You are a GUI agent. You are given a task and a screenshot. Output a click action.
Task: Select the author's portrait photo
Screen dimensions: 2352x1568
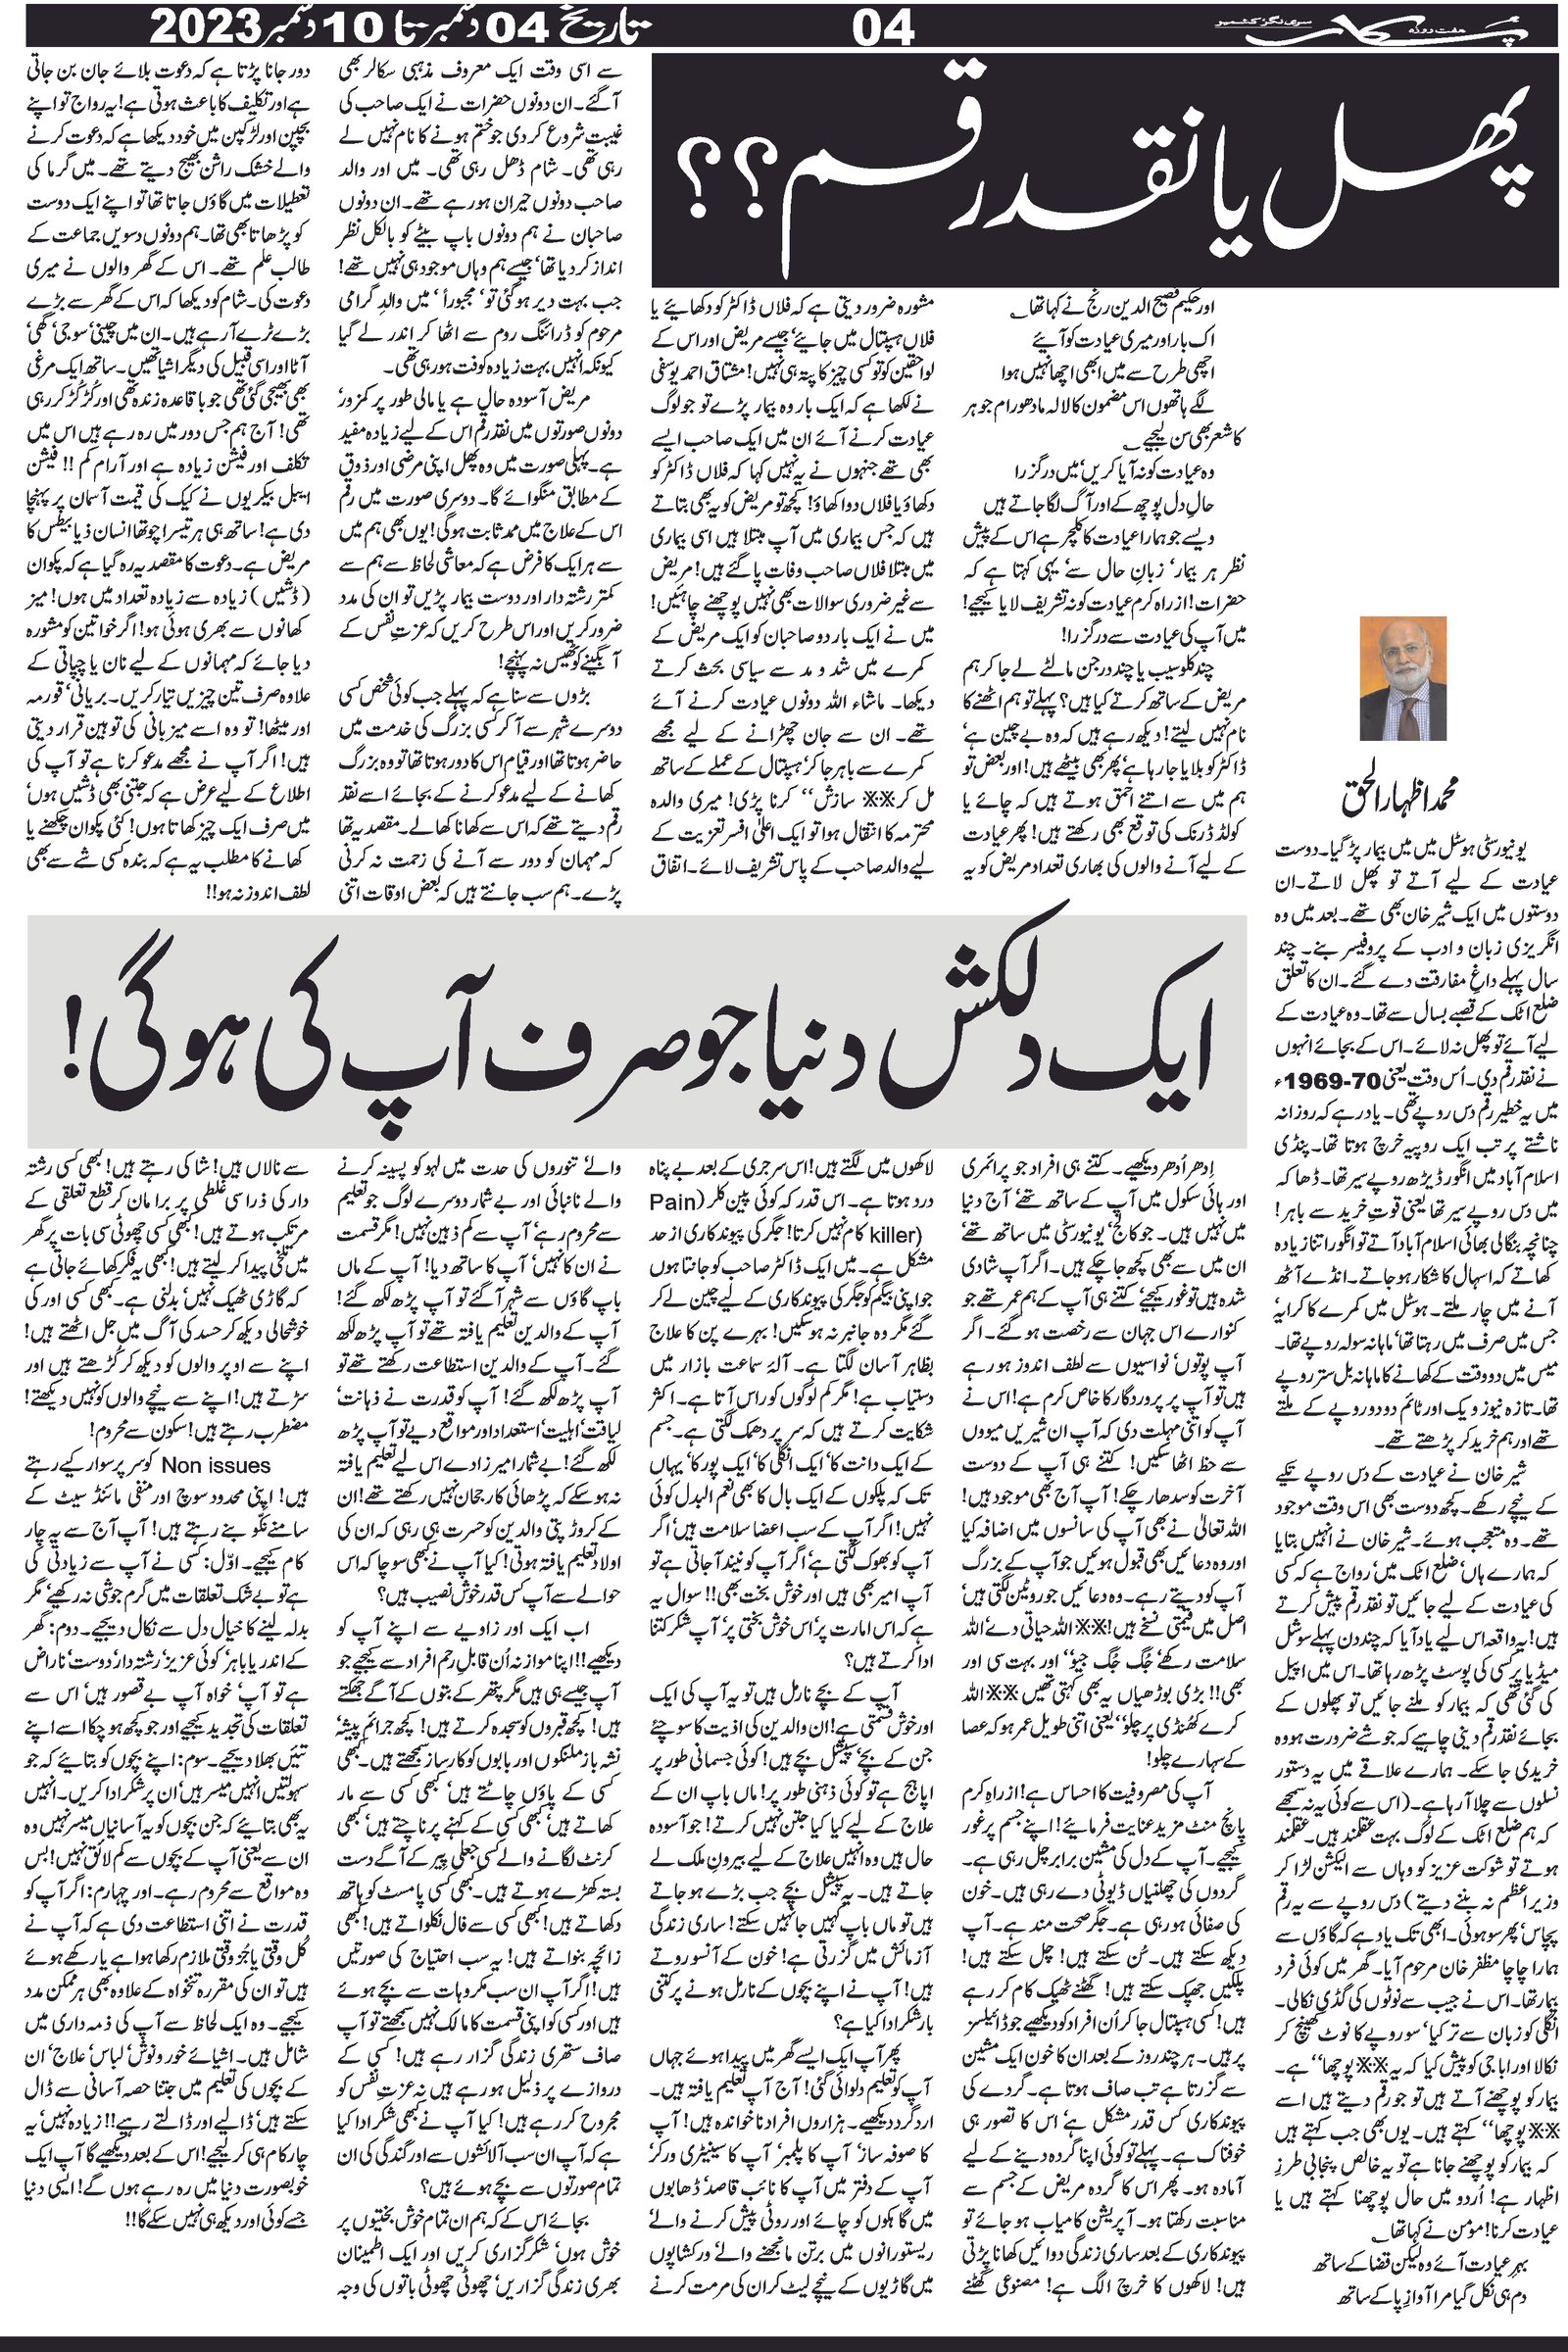(1405, 679)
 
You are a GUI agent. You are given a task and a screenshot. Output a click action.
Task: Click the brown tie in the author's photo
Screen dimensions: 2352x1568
(1408, 714)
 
